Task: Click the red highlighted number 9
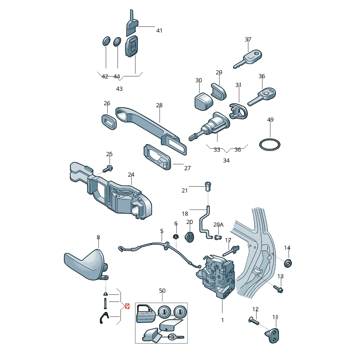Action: coord(127,306)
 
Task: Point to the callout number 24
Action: coord(131,175)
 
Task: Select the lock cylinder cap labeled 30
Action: coord(203,101)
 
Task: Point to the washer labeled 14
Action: coord(288,263)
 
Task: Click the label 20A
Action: coord(219,225)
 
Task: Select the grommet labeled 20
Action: coord(189,237)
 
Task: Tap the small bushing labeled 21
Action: coord(208,186)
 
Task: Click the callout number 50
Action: coord(162,291)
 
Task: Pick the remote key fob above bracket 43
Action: coord(131,46)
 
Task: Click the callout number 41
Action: coord(159,31)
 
